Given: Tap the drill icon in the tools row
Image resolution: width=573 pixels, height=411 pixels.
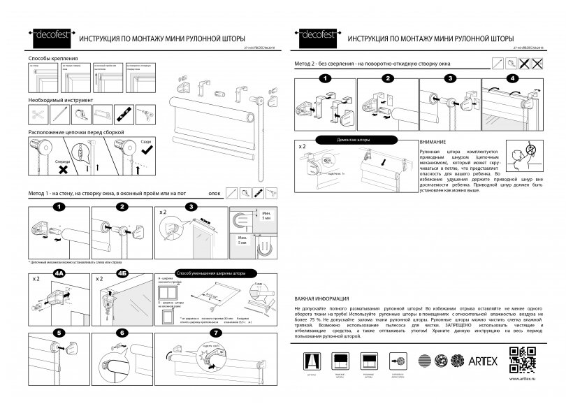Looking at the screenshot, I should click(147, 113).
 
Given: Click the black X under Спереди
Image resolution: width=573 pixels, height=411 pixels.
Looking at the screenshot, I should click(62, 168).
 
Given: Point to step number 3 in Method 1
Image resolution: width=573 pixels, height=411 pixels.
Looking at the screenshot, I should click(190, 207).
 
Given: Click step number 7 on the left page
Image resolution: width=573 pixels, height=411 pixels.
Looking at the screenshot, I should click(215, 333).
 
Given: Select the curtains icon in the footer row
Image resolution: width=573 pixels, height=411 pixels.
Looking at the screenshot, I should click(312, 361).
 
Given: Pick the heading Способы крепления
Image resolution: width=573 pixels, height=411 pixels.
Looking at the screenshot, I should click(52, 59).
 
